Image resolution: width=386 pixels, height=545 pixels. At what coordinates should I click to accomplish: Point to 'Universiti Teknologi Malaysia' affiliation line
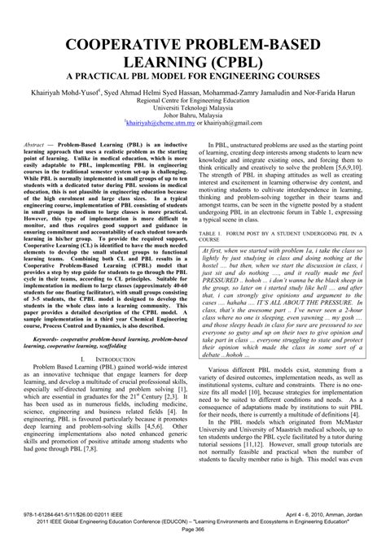tap(193, 111)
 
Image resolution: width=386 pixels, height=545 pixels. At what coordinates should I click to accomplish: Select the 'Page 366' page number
tap(193, 537)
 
